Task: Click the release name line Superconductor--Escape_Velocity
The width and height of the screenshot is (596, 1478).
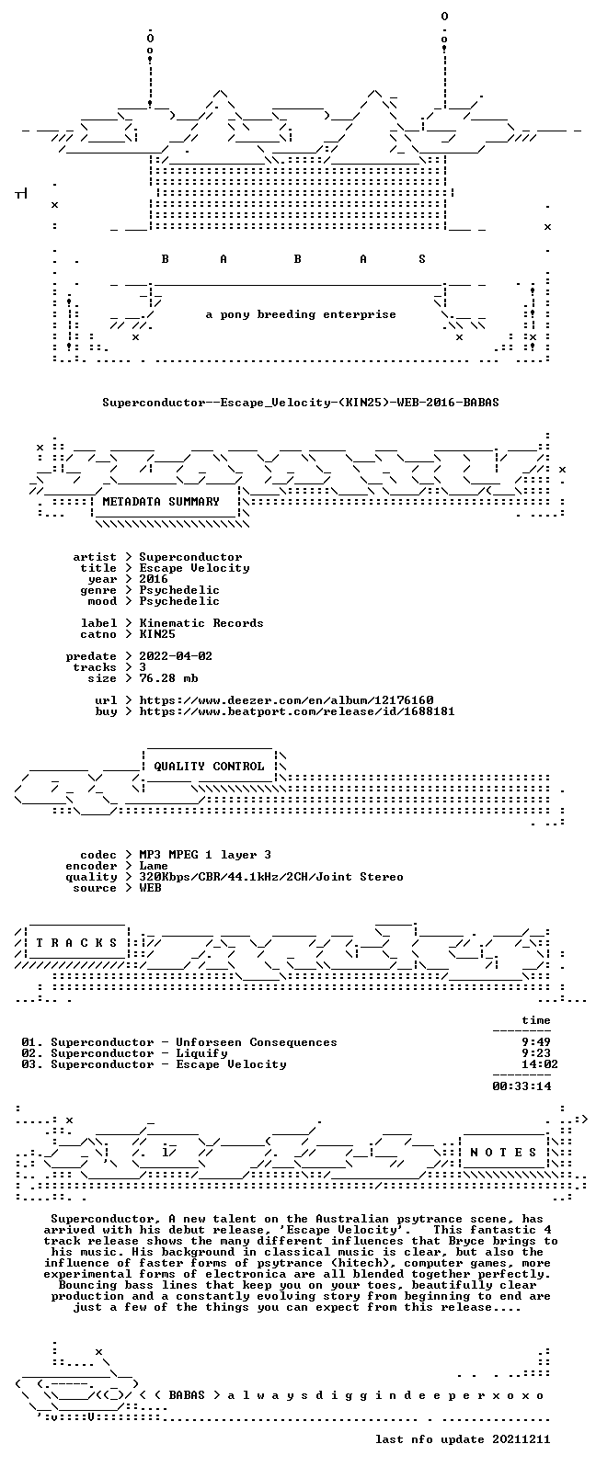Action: tap(301, 403)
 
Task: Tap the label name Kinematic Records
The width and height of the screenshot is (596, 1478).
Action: tap(201, 623)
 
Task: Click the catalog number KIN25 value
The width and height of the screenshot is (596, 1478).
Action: tap(157, 635)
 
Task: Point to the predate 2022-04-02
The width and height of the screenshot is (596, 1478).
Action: tap(176, 656)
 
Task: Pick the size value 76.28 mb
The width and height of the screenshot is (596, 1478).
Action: tap(168, 678)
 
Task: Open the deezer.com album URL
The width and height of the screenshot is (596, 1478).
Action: tap(286, 700)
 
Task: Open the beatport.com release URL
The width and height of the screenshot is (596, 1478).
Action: tap(297, 712)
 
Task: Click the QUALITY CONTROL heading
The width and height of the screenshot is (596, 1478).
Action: tap(209, 767)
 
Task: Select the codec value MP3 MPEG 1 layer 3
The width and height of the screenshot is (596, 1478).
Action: tap(205, 855)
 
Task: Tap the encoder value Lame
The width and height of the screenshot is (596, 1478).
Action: tap(154, 867)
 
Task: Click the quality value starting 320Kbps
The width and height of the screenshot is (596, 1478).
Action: tap(271, 878)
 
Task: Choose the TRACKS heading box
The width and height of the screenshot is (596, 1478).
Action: tap(76, 943)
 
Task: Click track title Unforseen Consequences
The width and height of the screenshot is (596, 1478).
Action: tap(257, 1042)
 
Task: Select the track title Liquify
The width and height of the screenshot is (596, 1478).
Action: tap(201, 1053)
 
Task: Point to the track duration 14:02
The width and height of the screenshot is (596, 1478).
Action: tap(540, 1064)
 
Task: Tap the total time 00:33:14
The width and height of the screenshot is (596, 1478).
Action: tap(521, 1086)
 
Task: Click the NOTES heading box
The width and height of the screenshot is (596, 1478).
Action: tap(504, 1153)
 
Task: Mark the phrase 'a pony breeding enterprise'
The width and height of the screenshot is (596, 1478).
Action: tap(301, 314)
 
